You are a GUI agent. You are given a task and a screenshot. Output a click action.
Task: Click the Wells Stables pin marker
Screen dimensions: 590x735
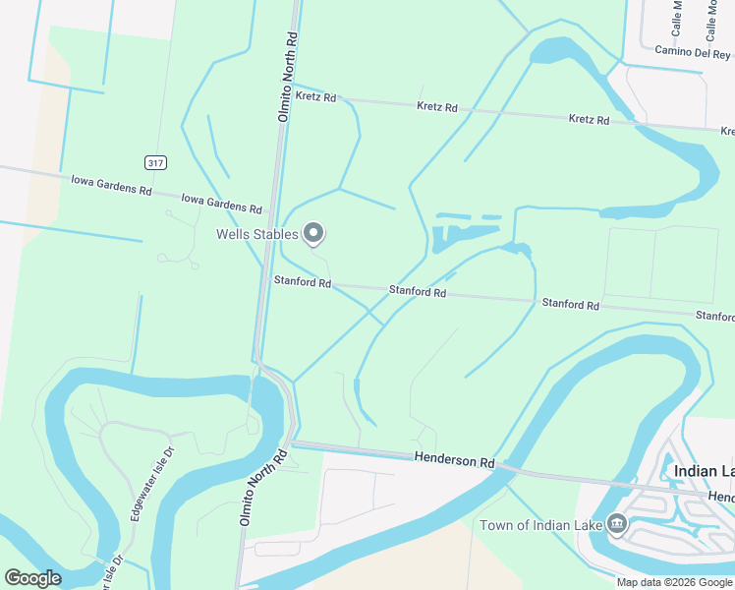point(313,233)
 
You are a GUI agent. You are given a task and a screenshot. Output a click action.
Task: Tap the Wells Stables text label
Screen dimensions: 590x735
point(257,234)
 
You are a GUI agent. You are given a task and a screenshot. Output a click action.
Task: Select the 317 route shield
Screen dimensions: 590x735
point(154,162)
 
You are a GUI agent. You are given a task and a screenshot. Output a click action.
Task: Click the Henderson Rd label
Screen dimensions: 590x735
point(453,459)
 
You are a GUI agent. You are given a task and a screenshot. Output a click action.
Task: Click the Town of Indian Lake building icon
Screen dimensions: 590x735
point(616,522)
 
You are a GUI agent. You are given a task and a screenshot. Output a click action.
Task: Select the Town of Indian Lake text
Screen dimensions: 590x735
point(540,524)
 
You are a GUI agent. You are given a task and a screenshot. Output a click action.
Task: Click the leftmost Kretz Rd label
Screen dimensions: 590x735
point(315,97)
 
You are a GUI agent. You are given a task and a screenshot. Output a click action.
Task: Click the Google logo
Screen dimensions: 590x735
point(32,578)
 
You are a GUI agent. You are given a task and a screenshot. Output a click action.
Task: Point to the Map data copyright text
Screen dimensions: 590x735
point(674,582)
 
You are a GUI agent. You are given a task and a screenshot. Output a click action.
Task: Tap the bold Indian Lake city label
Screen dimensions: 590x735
point(704,471)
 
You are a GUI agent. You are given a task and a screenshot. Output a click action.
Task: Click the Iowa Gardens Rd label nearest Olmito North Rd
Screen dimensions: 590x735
point(222,204)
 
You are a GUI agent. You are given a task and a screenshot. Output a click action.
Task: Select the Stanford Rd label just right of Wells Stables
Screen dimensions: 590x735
point(418,291)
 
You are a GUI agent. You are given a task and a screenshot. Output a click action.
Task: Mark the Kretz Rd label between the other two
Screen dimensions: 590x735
point(437,106)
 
